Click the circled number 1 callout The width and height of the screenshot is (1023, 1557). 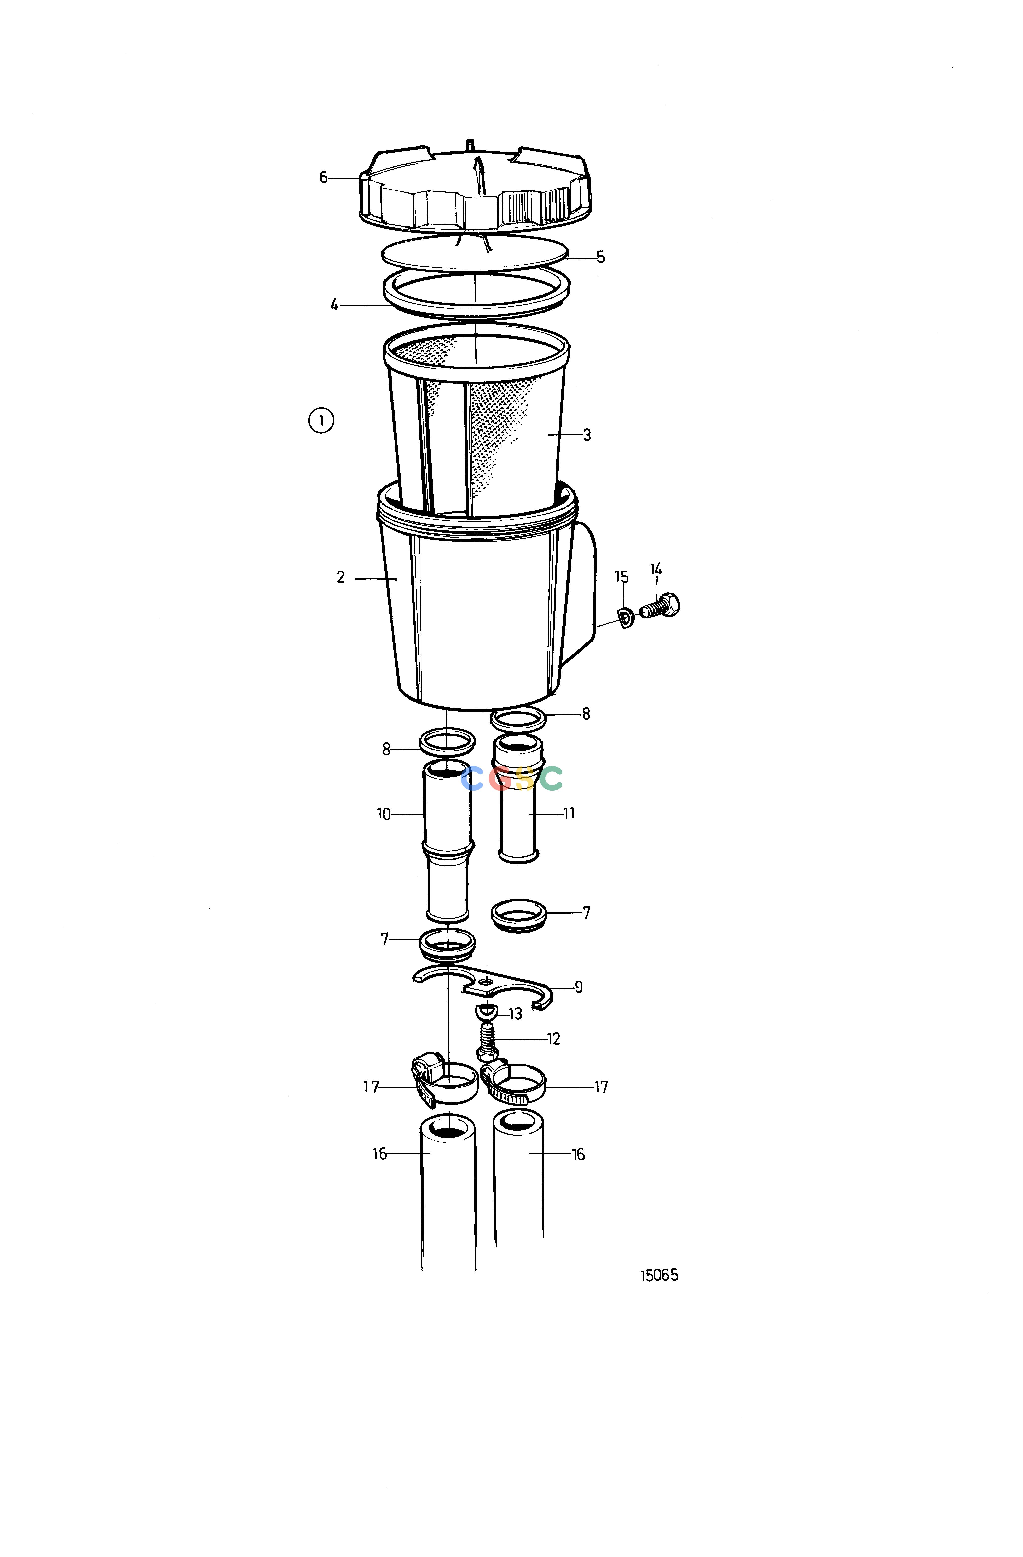[320, 420]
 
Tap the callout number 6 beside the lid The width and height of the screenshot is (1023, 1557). [323, 177]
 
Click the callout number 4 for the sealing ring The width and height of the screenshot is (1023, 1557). [334, 305]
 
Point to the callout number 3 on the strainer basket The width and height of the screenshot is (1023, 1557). [587, 435]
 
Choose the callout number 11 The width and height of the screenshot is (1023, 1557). [569, 813]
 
